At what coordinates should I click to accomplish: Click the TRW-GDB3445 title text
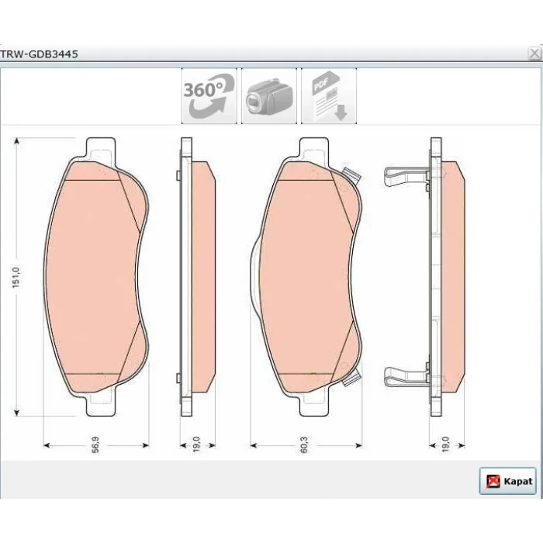39,54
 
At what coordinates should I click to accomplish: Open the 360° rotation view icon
209,96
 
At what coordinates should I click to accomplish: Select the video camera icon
269,96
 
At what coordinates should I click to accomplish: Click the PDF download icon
329,96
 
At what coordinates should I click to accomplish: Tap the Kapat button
507,481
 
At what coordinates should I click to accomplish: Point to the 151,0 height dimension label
16,278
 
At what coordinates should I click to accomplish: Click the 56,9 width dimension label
95,444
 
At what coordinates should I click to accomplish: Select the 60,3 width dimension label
304,444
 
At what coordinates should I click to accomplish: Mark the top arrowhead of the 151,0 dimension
16,141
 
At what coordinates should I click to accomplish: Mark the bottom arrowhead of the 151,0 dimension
16,412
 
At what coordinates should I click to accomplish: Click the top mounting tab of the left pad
101,149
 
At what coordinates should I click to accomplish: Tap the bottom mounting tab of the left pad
101,405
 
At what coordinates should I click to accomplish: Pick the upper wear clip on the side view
406,176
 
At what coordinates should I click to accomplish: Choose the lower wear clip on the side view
406,376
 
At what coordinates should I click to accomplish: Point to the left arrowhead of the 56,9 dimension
47,445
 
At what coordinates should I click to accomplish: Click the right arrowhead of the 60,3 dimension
358,445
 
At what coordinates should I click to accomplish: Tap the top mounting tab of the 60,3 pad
314,149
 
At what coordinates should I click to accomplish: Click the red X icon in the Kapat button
493,482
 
